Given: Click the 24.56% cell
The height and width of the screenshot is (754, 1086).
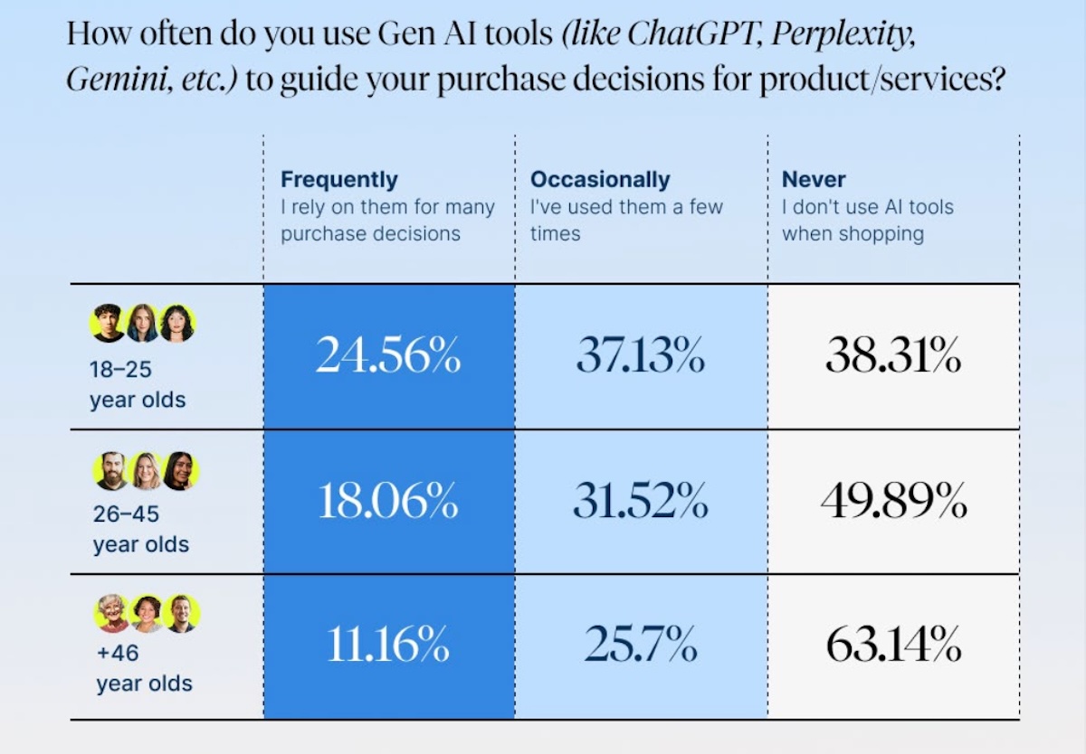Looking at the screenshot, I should [388, 357].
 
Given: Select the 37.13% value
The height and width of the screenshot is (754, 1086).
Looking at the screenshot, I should [641, 357].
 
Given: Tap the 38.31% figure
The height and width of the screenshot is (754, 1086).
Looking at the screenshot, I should [893, 357].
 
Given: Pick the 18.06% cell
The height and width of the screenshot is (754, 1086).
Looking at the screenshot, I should [388, 502].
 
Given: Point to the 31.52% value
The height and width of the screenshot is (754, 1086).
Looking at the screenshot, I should [641, 502].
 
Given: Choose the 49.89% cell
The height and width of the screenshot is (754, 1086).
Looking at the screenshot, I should [893, 502].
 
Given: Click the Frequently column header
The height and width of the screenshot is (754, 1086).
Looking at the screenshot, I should [339, 179].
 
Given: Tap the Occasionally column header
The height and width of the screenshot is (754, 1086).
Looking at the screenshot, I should [600, 179].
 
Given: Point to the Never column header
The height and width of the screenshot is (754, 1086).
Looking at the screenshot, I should [814, 179].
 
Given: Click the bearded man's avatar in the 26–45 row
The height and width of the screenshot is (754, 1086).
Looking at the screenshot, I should [110, 471].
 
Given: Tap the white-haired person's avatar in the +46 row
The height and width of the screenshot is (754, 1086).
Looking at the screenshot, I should [112, 613].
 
